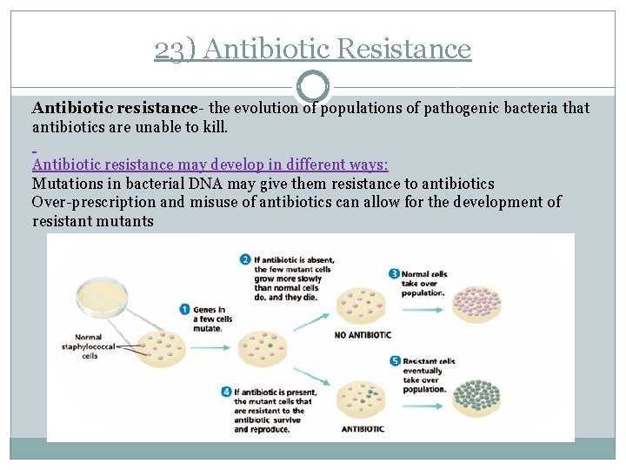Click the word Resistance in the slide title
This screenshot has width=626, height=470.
tap(403, 49)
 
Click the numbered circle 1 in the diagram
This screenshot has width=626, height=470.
tap(184, 309)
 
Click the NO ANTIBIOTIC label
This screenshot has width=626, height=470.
tap(363, 335)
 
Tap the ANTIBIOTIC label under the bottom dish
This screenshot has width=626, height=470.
tap(362, 428)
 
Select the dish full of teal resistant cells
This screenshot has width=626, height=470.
tap(476, 394)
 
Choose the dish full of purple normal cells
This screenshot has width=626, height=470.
tap(476, 302)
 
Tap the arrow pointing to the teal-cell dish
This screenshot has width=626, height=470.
tap(428, 394)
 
